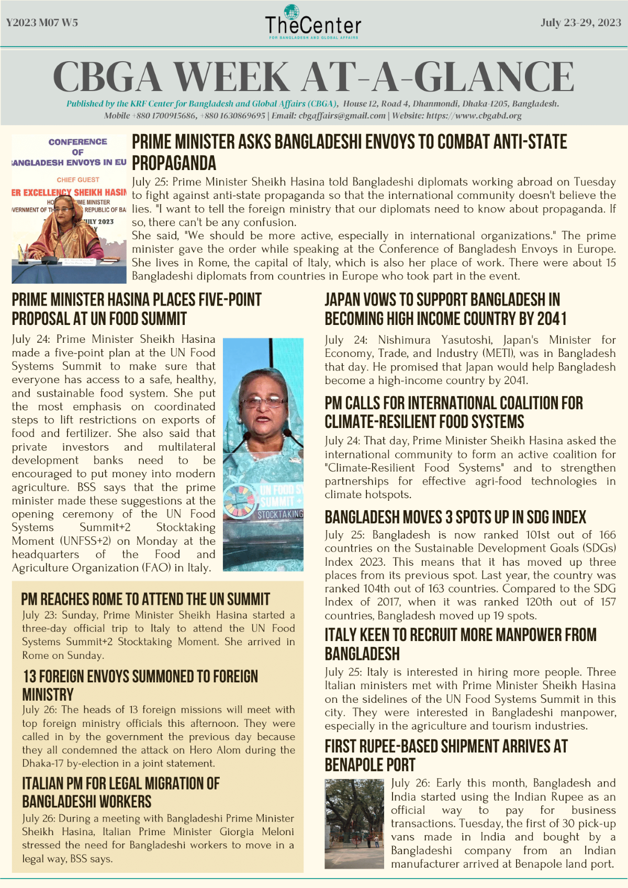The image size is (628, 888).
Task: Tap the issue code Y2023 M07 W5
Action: [42, 23]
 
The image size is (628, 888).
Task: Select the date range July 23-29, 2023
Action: [581, 23]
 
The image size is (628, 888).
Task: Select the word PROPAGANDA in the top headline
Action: [174, 163]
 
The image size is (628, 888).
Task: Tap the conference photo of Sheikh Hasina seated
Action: [69, 209]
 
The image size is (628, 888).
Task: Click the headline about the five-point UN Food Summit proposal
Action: [136, 309]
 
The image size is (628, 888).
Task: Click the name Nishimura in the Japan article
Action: [404, 340]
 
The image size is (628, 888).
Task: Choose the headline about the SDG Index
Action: [455, 517]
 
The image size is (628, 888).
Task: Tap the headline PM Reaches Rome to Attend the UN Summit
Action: [145, 599]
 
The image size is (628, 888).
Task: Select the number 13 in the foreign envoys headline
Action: [30, 676]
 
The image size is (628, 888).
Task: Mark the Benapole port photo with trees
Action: [354, 824]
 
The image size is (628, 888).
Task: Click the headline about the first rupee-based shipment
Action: [446, 755]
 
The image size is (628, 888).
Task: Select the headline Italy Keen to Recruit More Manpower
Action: [461, 644]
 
